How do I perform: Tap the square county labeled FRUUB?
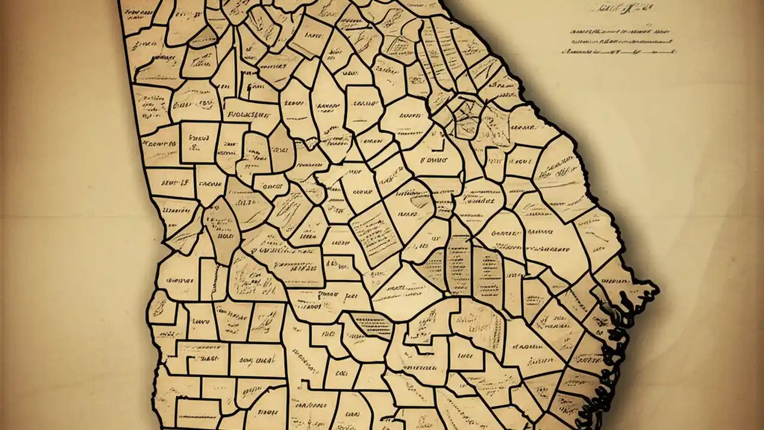[x=199, y=142]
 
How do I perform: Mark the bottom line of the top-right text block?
[x=618, y=52]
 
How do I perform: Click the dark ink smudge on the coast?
[x=609, y=311]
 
